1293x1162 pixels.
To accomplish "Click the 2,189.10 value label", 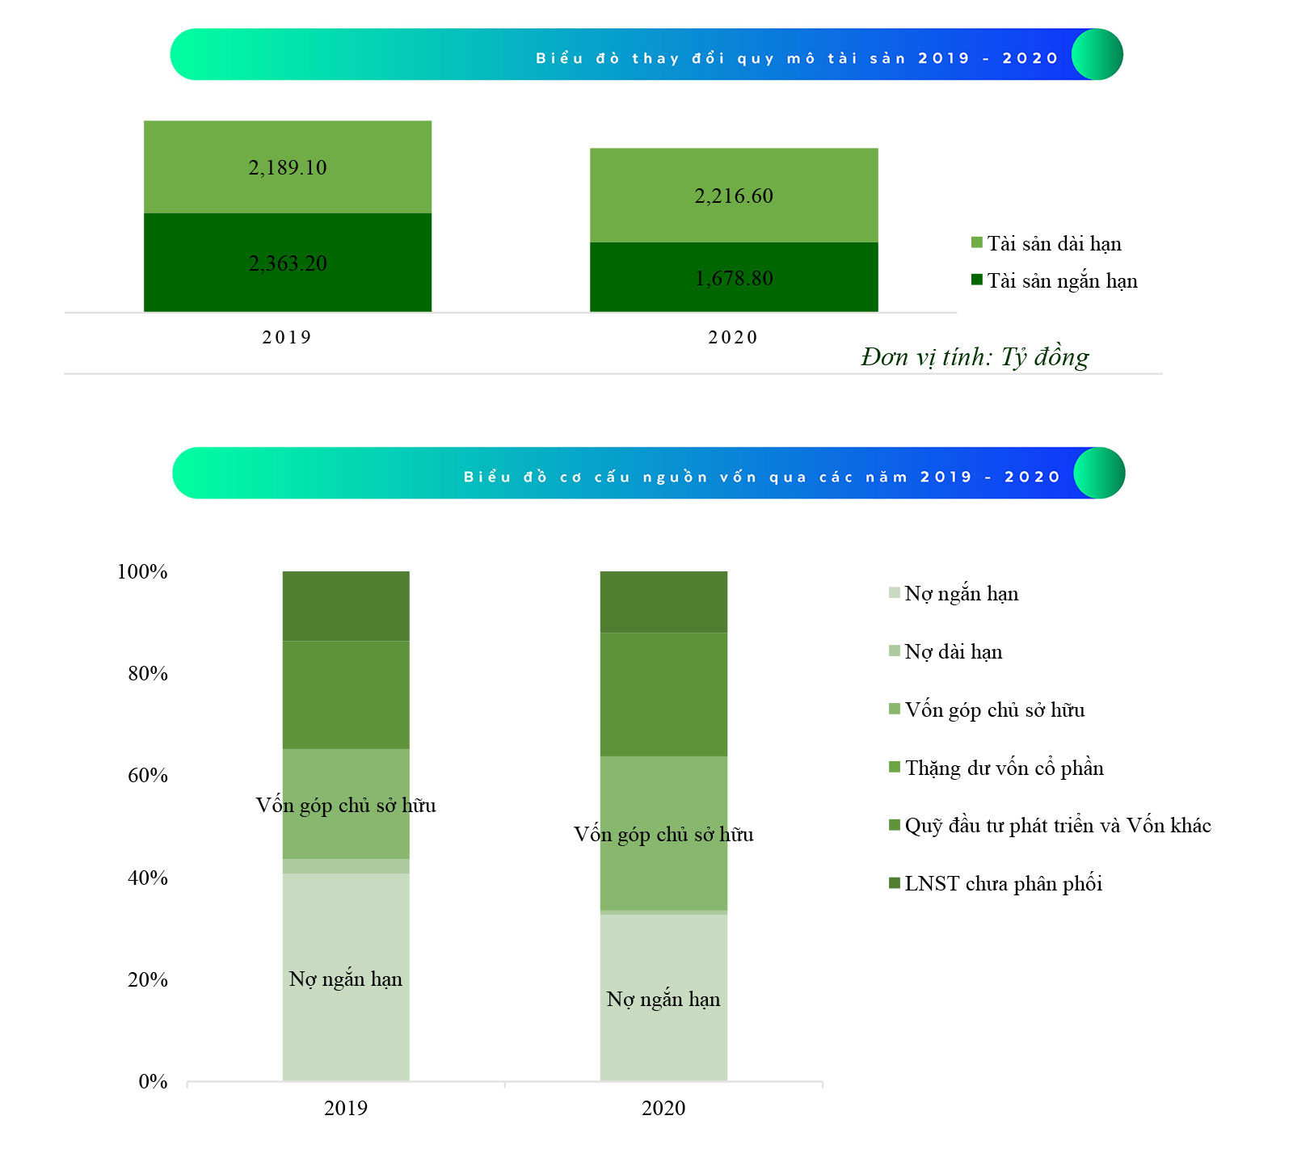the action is coord(288,167).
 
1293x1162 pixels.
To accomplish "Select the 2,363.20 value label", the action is coord(288,263).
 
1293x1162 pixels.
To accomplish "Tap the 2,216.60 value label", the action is coord(734,196).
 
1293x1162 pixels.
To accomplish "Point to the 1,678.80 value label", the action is coord(734,278).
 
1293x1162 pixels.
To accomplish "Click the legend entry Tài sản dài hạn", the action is coord(1047,243).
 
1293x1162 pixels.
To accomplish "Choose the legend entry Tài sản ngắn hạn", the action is coord(1055,280).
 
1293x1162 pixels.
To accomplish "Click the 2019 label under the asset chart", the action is coord(287,337).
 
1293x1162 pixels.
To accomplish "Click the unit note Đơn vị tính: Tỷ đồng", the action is coord(975,356).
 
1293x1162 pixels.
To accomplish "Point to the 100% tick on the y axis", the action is coord(142,571).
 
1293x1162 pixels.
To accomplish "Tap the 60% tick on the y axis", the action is coord(148,775).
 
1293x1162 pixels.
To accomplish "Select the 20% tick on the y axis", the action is coord(148,979).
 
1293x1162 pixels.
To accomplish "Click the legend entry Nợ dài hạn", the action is coord(946,651).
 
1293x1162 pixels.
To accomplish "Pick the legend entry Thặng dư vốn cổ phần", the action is coord(996,768).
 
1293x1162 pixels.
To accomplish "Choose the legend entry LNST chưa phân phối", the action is coord(996,883).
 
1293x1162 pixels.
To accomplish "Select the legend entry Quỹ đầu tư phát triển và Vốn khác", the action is coord(1050,825).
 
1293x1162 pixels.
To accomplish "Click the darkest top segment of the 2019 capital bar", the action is coord(346,606).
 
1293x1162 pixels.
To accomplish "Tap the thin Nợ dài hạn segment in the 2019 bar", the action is coord(346,866).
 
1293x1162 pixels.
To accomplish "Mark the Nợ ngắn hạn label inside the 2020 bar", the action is coord(663,1000).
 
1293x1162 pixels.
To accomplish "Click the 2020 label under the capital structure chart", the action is coord(663,1108).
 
